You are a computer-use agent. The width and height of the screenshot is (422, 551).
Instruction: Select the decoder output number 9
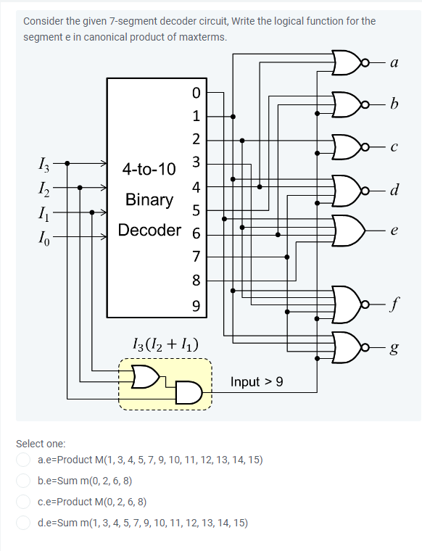click(x=195, y=305)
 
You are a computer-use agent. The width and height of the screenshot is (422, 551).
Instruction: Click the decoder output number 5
click(x=195, y=210)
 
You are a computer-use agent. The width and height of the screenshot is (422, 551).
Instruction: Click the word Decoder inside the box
click(x=149, y=231)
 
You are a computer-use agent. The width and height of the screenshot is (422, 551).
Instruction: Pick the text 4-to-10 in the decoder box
click(x=149, y=170)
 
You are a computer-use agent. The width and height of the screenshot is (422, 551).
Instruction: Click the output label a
click(x=393, y=63)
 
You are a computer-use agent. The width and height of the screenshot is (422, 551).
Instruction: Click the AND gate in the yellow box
click(x=188, y=392)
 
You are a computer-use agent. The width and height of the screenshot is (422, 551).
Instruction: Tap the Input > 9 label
click(x=257, y=381)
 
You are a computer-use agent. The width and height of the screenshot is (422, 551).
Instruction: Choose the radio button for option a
click(x=24, y=460)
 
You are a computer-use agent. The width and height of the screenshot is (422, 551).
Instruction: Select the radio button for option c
click(x=24, y=501)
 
